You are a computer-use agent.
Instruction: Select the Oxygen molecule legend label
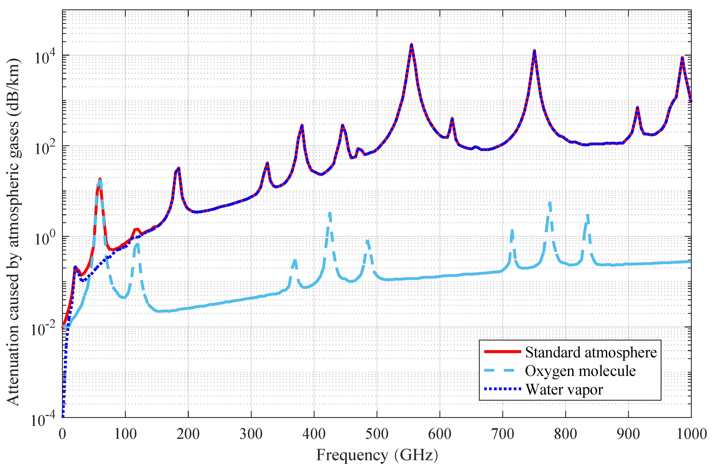580,371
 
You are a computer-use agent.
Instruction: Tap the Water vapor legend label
564,390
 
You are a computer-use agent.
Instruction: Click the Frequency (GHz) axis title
377,455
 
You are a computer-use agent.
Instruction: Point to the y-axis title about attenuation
13,231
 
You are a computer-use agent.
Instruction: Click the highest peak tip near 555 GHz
411,45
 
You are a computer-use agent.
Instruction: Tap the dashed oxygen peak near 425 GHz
329,213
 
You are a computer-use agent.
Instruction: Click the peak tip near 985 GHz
682,58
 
